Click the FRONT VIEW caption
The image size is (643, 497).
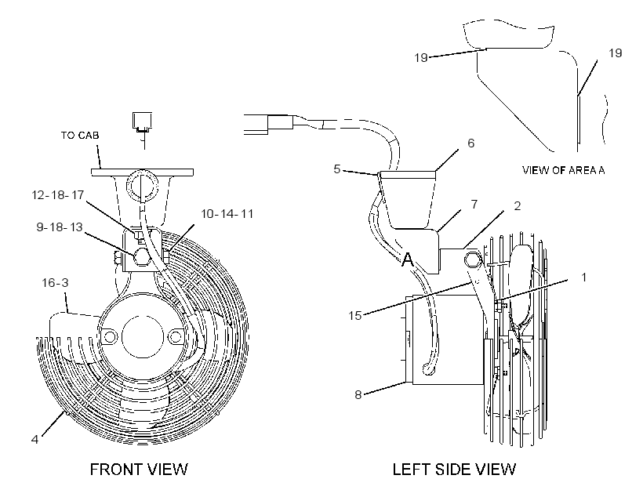(x=139, y=469)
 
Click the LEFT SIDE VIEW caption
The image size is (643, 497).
(x=454, y=469)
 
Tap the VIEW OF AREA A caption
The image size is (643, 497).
(x=563, y=170)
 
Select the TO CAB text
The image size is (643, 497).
(x=80, y=136)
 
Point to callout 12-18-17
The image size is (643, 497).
(x=58, y=195)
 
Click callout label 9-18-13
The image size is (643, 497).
(x=60, y=227)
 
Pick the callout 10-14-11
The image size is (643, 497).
(x=227, y=214)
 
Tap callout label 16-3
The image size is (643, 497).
(x=56, y=282)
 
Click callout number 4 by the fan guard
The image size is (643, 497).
(x=35, y=440)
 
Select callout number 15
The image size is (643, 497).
(x=355, y=315)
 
